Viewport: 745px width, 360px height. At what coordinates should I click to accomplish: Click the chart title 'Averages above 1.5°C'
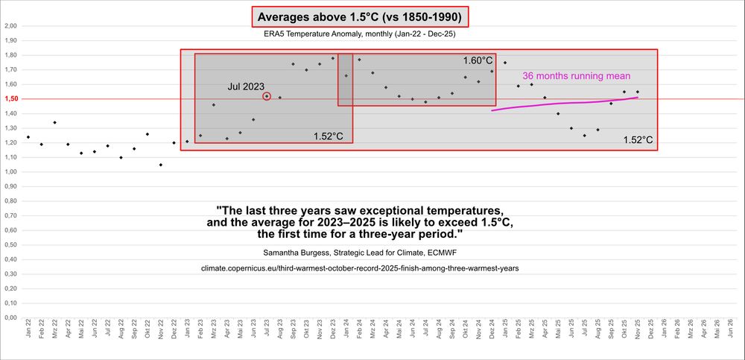361,16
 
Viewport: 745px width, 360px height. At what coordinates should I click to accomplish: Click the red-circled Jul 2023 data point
267,96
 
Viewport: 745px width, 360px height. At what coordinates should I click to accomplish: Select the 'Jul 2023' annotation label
246,86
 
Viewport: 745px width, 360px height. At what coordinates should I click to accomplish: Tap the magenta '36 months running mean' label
577,76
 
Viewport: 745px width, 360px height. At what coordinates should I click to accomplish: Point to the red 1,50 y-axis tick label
10,98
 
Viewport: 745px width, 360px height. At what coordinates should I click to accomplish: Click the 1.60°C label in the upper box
478,60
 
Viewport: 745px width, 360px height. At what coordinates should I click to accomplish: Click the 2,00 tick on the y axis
10,25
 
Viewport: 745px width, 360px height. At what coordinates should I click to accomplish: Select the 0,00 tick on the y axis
10,318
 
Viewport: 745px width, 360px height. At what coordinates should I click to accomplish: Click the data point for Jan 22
28,137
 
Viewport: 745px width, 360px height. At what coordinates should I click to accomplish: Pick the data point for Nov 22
161,165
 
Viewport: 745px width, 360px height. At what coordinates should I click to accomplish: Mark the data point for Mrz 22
54,122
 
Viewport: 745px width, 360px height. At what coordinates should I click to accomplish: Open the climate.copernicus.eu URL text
360,268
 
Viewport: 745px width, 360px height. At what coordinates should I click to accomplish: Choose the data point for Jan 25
505,63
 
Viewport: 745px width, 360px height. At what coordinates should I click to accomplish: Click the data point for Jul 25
585,136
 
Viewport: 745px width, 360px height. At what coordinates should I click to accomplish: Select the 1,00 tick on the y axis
10,171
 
